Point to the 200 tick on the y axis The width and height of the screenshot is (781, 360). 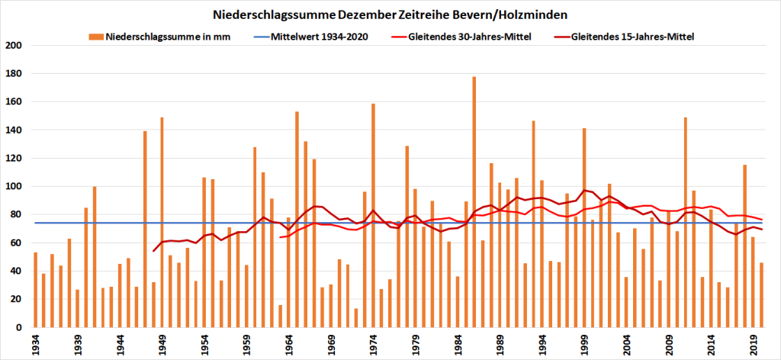click(20, 46)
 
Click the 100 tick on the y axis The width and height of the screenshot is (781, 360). click(20, 187)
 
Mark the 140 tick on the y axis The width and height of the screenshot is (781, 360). click(20, 130)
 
